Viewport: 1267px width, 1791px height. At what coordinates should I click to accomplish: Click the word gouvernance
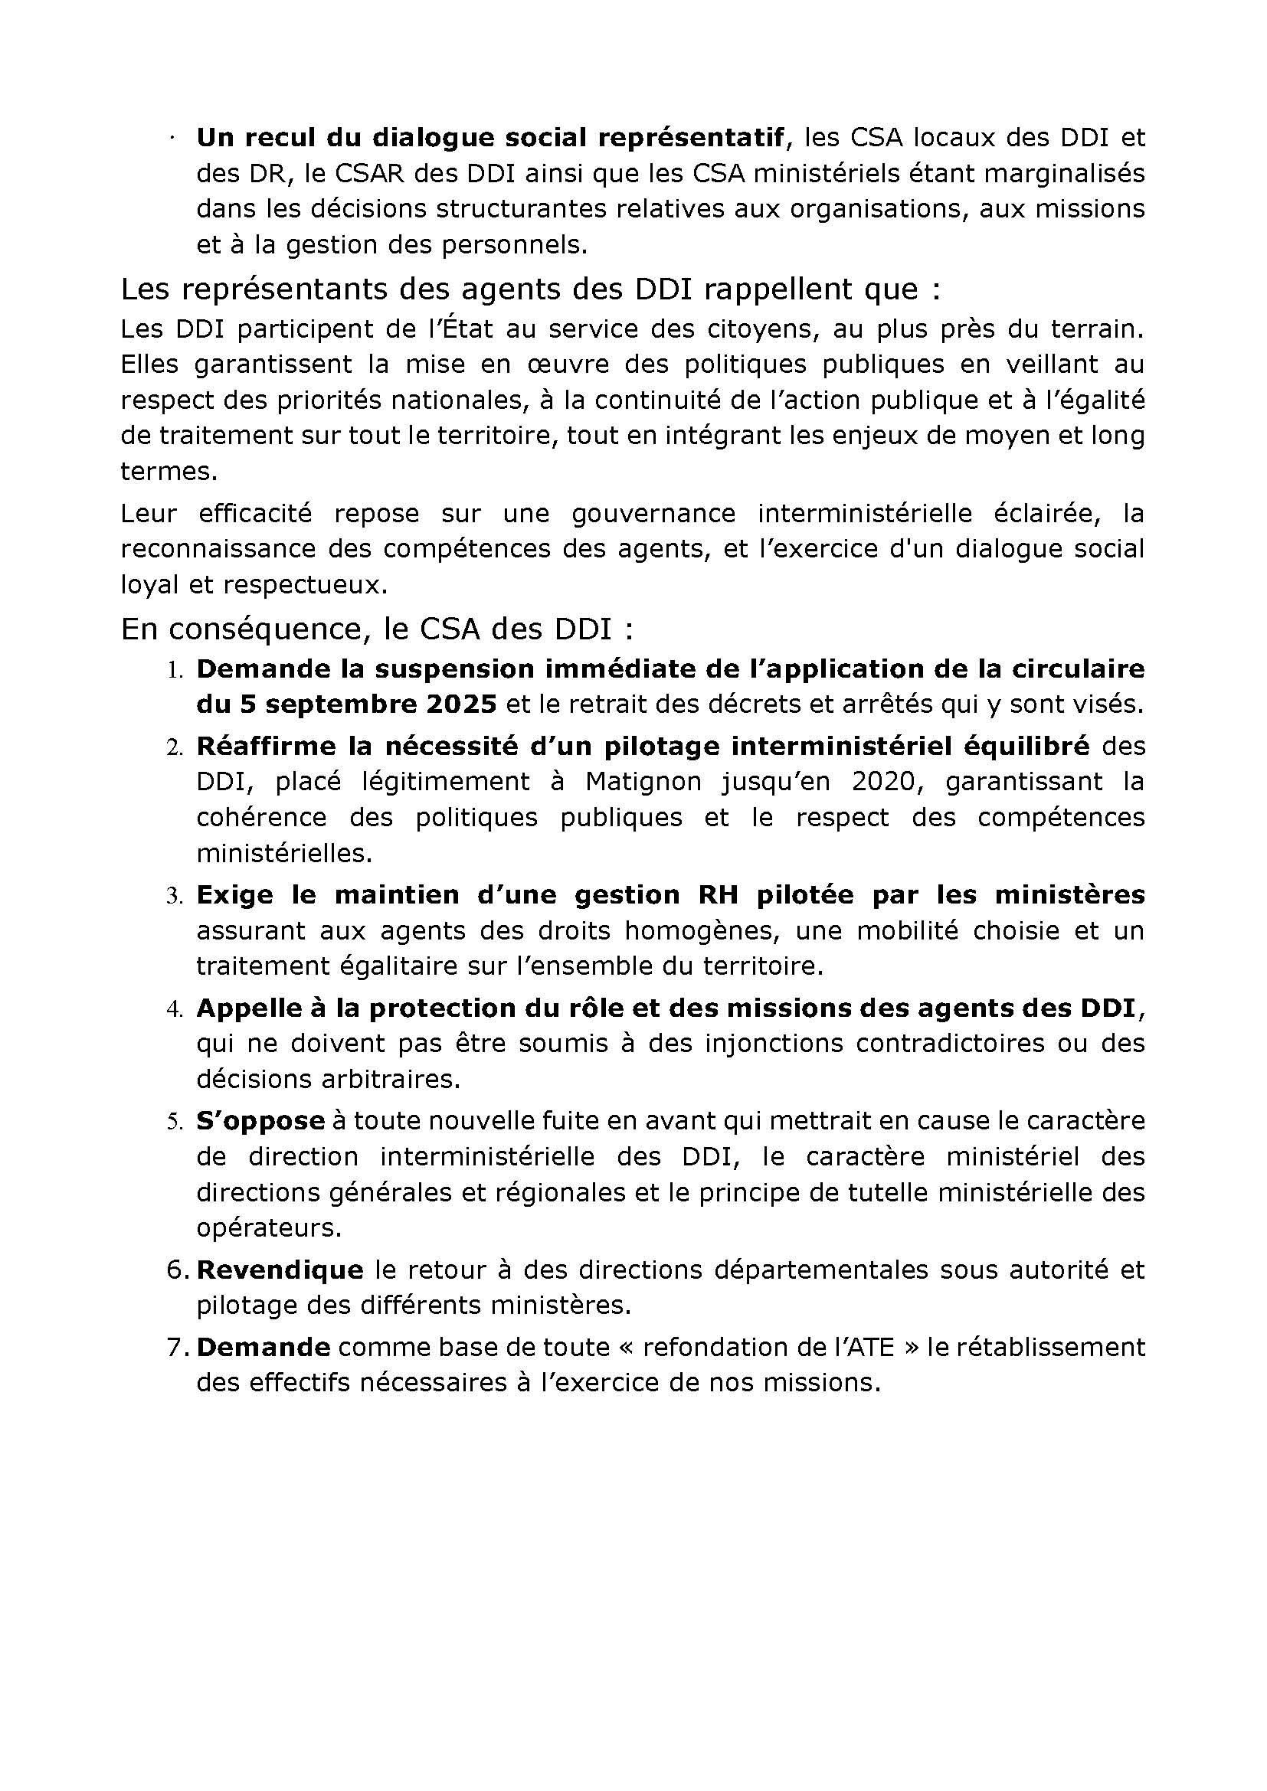click(x=653, y=513)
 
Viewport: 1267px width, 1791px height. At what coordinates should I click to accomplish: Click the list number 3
click(x=173, y=897)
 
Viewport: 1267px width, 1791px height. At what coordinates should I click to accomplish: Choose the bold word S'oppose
click(x=260, y=1121)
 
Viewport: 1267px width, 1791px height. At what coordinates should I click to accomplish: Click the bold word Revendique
click(x=280, y=1270)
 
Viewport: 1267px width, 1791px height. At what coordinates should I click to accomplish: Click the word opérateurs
click(x=269, y=1228)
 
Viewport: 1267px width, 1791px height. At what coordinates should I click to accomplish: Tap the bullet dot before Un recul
click(x=172, y=139)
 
